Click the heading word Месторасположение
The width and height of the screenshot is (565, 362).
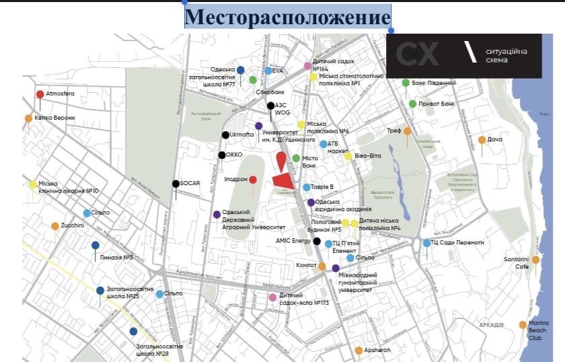coord(287,16)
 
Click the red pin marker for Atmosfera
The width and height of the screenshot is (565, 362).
coord(40,94)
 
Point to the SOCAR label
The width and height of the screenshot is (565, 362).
coord(192,183)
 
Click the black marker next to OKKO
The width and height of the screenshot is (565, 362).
coord(221,155)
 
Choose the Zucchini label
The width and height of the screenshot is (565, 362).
coord(72,225)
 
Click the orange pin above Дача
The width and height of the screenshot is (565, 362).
coord(482,140)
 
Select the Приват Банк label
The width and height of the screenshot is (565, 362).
coord(437,104)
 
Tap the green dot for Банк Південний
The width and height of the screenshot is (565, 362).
coord(406,83)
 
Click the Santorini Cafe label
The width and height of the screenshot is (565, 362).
coord(517,262)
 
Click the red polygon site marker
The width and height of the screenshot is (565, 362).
coord(284,181)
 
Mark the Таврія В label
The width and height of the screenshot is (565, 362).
coord(324,187)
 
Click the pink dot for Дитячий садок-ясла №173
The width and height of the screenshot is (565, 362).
coord(272,297)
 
